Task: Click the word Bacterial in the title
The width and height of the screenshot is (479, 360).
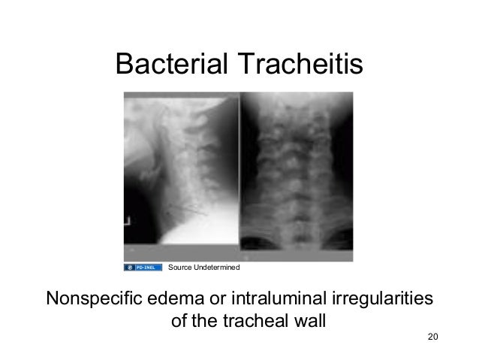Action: [171, 66]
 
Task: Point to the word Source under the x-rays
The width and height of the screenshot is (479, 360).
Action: [180, 268]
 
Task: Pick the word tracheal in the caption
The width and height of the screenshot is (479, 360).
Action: [251, 322]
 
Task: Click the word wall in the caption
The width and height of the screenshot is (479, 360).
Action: [309, 322]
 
